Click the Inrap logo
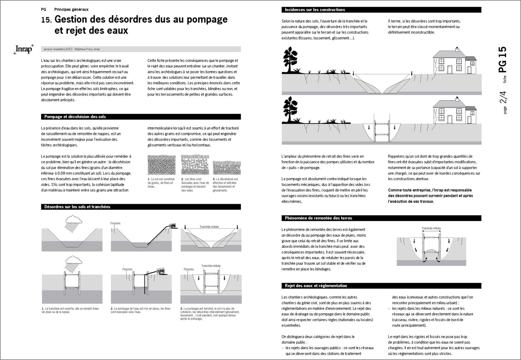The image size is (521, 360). pos(24,49)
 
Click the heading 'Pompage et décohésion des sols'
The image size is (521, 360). pos(75,117)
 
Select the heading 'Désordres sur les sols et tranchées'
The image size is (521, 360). pos(77,207)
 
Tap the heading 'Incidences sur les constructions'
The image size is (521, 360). pos(315,10)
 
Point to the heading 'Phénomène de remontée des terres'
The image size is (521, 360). pos(318,218)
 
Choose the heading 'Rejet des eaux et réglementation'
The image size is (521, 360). pos(316,286)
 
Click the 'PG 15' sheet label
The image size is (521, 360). pos(502,59)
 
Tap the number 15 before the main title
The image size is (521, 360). pos(46,20)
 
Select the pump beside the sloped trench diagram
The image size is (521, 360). pos(172,226)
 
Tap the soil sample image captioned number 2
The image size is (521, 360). pos(195,165)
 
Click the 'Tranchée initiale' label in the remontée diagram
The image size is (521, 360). pos(431,228)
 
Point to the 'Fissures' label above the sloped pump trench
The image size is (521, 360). pos(115,223)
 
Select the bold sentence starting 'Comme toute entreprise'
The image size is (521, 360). pos(430,196)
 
